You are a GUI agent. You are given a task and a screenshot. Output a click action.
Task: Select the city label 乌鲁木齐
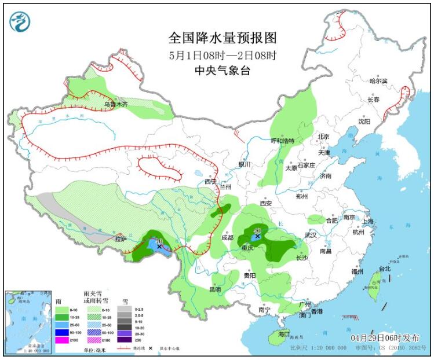point(115,105)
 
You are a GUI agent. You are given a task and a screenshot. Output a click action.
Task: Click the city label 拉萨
point(120,238)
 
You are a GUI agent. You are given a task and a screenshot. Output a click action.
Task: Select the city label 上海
point(367,221)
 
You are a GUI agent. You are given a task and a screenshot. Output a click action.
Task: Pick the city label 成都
point(227,237)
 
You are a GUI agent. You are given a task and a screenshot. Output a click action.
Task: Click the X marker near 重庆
point(258,236)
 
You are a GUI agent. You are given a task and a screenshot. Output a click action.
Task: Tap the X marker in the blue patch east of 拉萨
point(159,247)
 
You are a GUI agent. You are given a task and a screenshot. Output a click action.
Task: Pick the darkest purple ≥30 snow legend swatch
point(125,340)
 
